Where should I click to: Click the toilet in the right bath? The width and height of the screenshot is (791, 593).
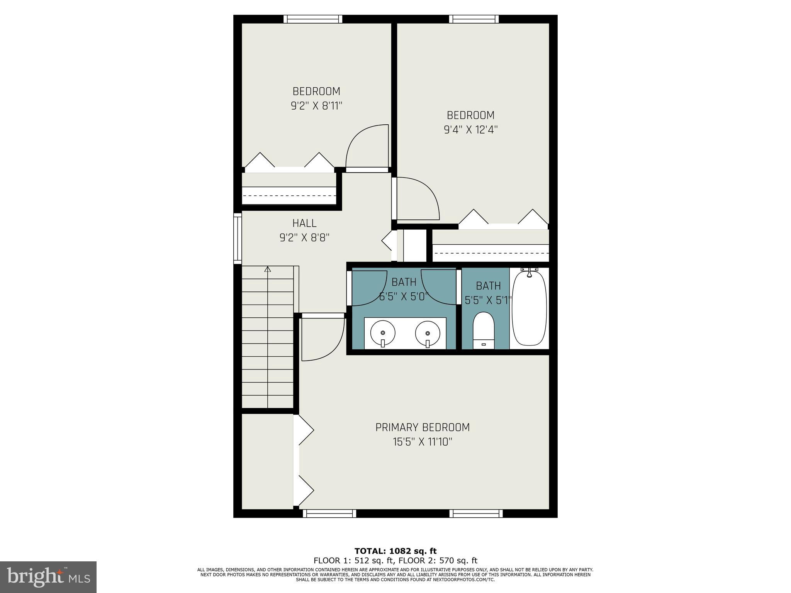(484, 330)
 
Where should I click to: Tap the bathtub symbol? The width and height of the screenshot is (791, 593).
(529, 308)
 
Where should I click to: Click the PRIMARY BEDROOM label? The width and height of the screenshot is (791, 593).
(423, 427)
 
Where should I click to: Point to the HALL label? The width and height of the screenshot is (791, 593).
(304, 223)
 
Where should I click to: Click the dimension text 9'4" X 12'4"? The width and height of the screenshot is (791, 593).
(470, 130)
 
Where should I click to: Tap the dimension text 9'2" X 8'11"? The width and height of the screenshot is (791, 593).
(317, 106)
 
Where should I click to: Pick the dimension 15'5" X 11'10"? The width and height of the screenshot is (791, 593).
(423, 442)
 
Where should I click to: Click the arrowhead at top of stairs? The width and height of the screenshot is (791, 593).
(268, 269)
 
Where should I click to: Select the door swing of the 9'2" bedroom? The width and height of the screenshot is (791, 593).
(367, 147)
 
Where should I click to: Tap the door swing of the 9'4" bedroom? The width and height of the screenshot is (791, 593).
(417, 199)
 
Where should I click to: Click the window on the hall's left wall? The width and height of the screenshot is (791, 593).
(237, 238)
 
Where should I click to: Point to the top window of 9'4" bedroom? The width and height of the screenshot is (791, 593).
(474, 19)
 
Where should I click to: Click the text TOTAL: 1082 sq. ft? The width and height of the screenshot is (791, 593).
(395, 551)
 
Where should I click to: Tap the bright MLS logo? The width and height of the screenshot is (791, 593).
(48, 577)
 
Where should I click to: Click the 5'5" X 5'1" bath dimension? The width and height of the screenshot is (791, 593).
(488, 300)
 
